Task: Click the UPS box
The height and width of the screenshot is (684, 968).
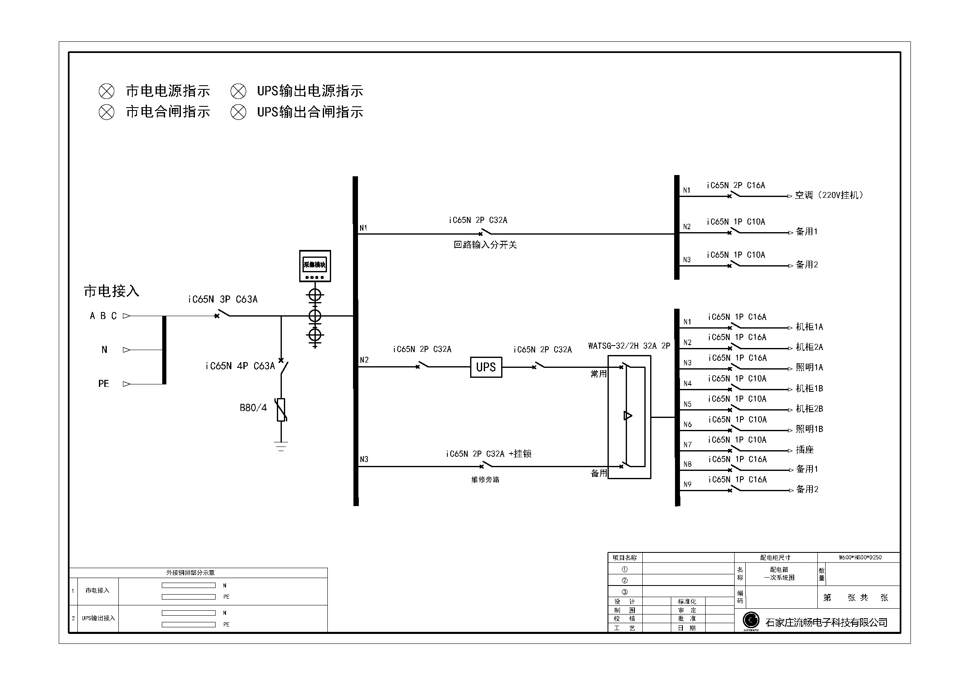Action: coord(486,367)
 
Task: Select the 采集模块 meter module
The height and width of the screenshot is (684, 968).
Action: coord(315,266)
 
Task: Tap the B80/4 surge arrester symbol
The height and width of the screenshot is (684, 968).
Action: coord(281,410)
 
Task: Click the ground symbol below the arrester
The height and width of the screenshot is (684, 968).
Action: coord(281,446)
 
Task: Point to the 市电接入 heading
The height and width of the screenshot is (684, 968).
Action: coord(111,291)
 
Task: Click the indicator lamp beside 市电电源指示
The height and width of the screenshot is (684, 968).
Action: coord(106,91)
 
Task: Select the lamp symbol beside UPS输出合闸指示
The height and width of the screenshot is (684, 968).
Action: coord(238,112)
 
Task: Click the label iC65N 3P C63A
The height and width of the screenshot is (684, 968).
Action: coord(223,299)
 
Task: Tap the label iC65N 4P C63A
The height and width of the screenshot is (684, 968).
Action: coord(240,366)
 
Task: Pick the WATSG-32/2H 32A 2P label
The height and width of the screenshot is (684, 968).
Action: coord(629,346)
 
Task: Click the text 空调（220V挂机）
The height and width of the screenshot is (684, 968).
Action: coord(829,195)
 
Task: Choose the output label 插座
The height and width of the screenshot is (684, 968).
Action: coord(805,450)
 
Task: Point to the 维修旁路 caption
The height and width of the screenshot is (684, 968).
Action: coord(485,480)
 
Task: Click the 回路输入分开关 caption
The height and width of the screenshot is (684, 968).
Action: coord(485,245)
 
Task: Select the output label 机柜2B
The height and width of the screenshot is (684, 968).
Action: coord(809,408)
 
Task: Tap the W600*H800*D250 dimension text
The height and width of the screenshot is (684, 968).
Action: coord(860,557)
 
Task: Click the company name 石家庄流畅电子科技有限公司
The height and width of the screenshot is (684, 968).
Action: coord(826,622)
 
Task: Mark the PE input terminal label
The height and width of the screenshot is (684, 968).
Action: coord(103,384)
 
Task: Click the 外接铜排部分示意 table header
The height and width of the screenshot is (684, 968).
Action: coord(190,573)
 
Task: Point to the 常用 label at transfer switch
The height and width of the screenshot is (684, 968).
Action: coord(598,374)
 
